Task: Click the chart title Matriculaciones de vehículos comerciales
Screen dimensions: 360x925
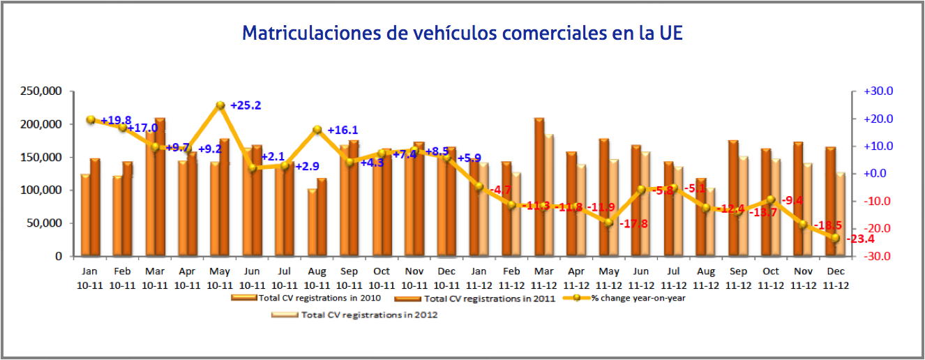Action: click(x=462, y=33)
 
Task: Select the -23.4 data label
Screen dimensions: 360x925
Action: click(x=862, y=239)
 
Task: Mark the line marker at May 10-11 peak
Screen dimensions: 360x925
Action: click(x=220, y=105)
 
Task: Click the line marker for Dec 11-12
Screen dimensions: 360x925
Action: click(x=835, y=238)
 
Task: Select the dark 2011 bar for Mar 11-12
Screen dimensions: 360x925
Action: click(x=539, y=187)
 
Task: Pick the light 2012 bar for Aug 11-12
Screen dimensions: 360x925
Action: click(x=710, y=222)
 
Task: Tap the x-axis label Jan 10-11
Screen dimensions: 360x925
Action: click(x=90, y=278)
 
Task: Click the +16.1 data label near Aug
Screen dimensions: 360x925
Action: click(x=342, y=130)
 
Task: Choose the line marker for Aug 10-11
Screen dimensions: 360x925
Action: click(x=317, y=130)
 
